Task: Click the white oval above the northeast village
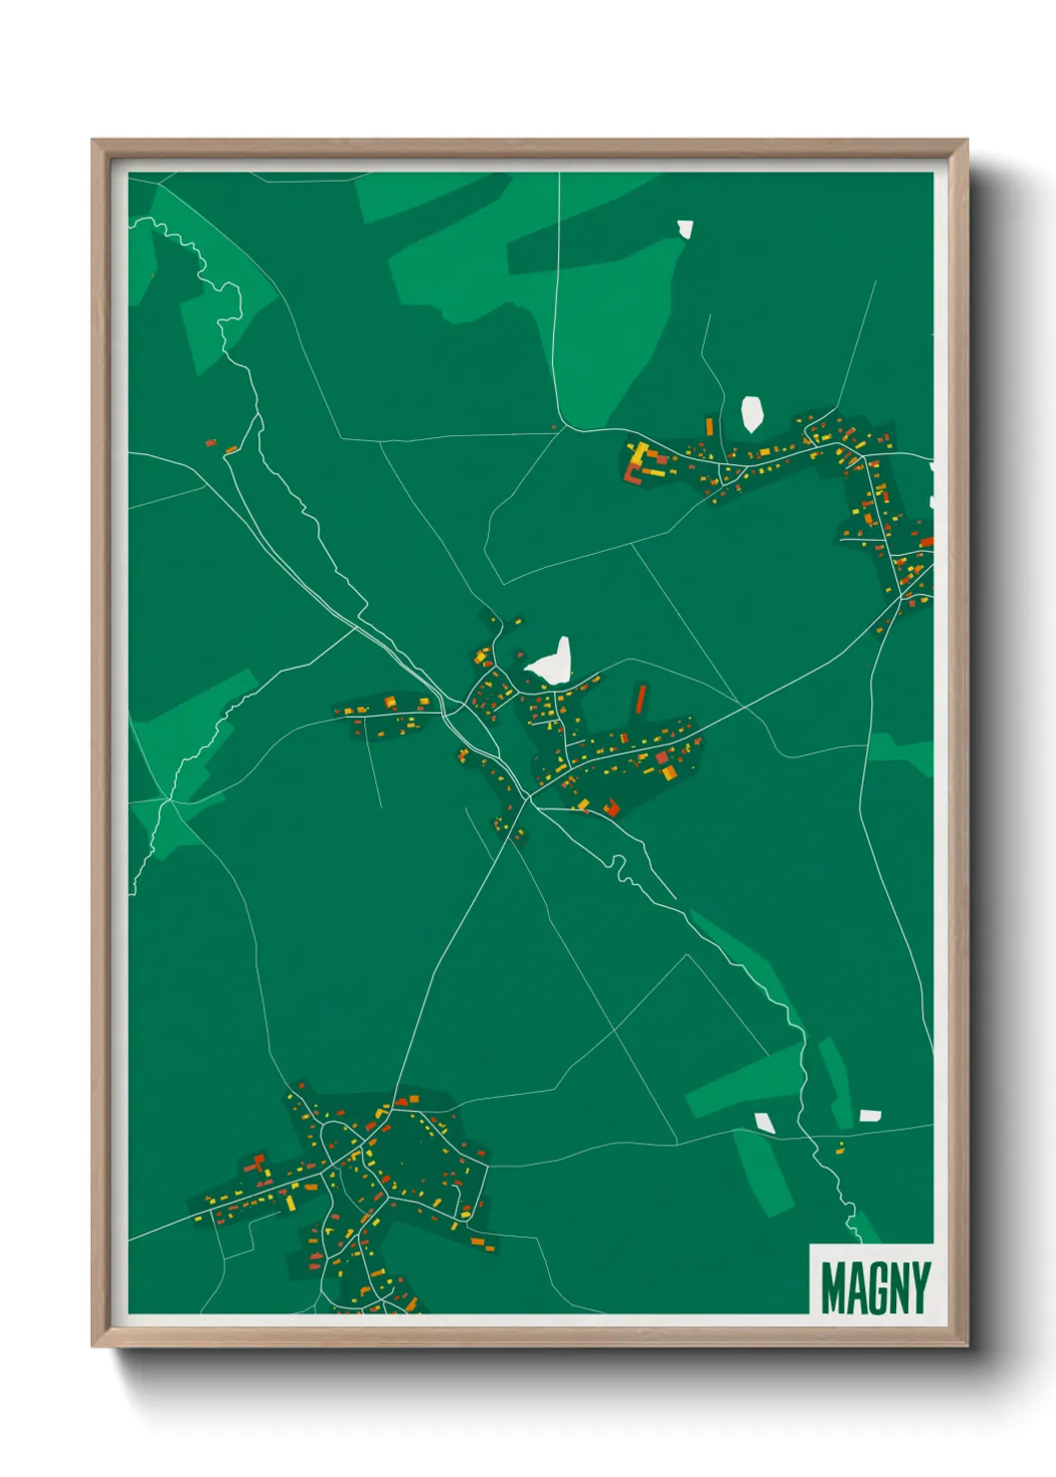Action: [752, 414]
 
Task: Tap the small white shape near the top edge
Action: [685, 230]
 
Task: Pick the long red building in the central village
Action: [641, 699]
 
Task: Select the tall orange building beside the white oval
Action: [710, 427]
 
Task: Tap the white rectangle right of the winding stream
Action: [870, 1115]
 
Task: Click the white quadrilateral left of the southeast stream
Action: [764, 1122]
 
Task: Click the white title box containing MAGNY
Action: [871, 1279]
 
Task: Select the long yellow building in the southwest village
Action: [290, 1203]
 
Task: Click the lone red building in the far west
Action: [211, 442]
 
